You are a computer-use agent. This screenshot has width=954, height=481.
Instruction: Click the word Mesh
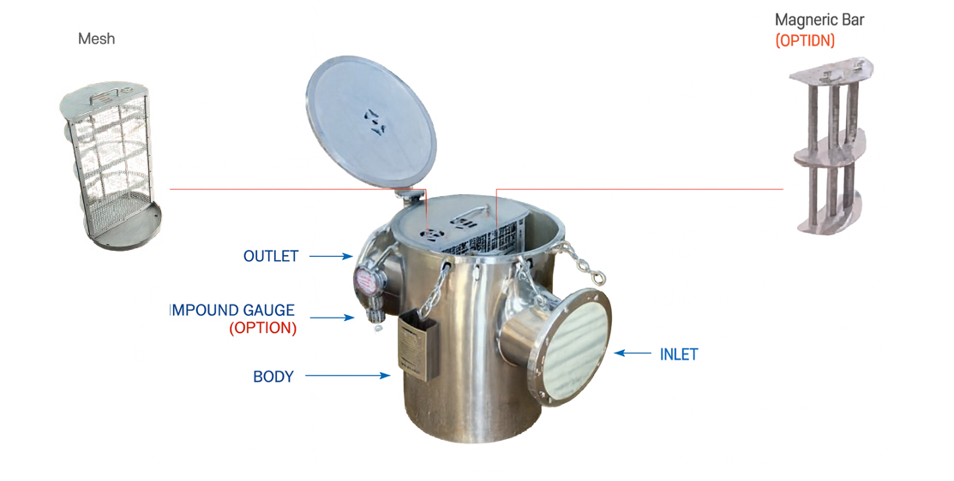[x=96, y=39]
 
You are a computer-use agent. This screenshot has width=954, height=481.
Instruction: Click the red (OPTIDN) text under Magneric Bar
[x=805, y=40]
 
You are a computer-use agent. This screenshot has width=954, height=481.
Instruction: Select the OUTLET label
[x=271, y=256]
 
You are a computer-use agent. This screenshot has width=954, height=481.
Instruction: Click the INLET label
[x=679, y=354]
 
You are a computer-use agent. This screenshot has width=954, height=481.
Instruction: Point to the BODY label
[x=273, y=377]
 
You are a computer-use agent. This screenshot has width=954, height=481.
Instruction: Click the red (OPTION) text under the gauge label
[x=263, y=328]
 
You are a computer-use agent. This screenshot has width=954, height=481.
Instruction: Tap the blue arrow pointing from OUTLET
[x=331, y=256]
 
